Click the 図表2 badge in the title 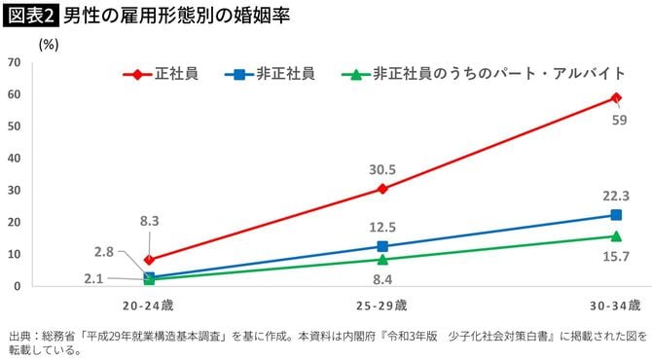(30, 17)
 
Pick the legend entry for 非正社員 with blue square (272, 73)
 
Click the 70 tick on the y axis (15, 62)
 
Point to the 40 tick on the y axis (15, 158)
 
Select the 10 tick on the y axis (15, 254)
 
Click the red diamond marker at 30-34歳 (616, 97)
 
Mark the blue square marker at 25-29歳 (382, 246)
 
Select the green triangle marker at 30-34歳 (616, 235)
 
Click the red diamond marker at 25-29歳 (382, 189)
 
